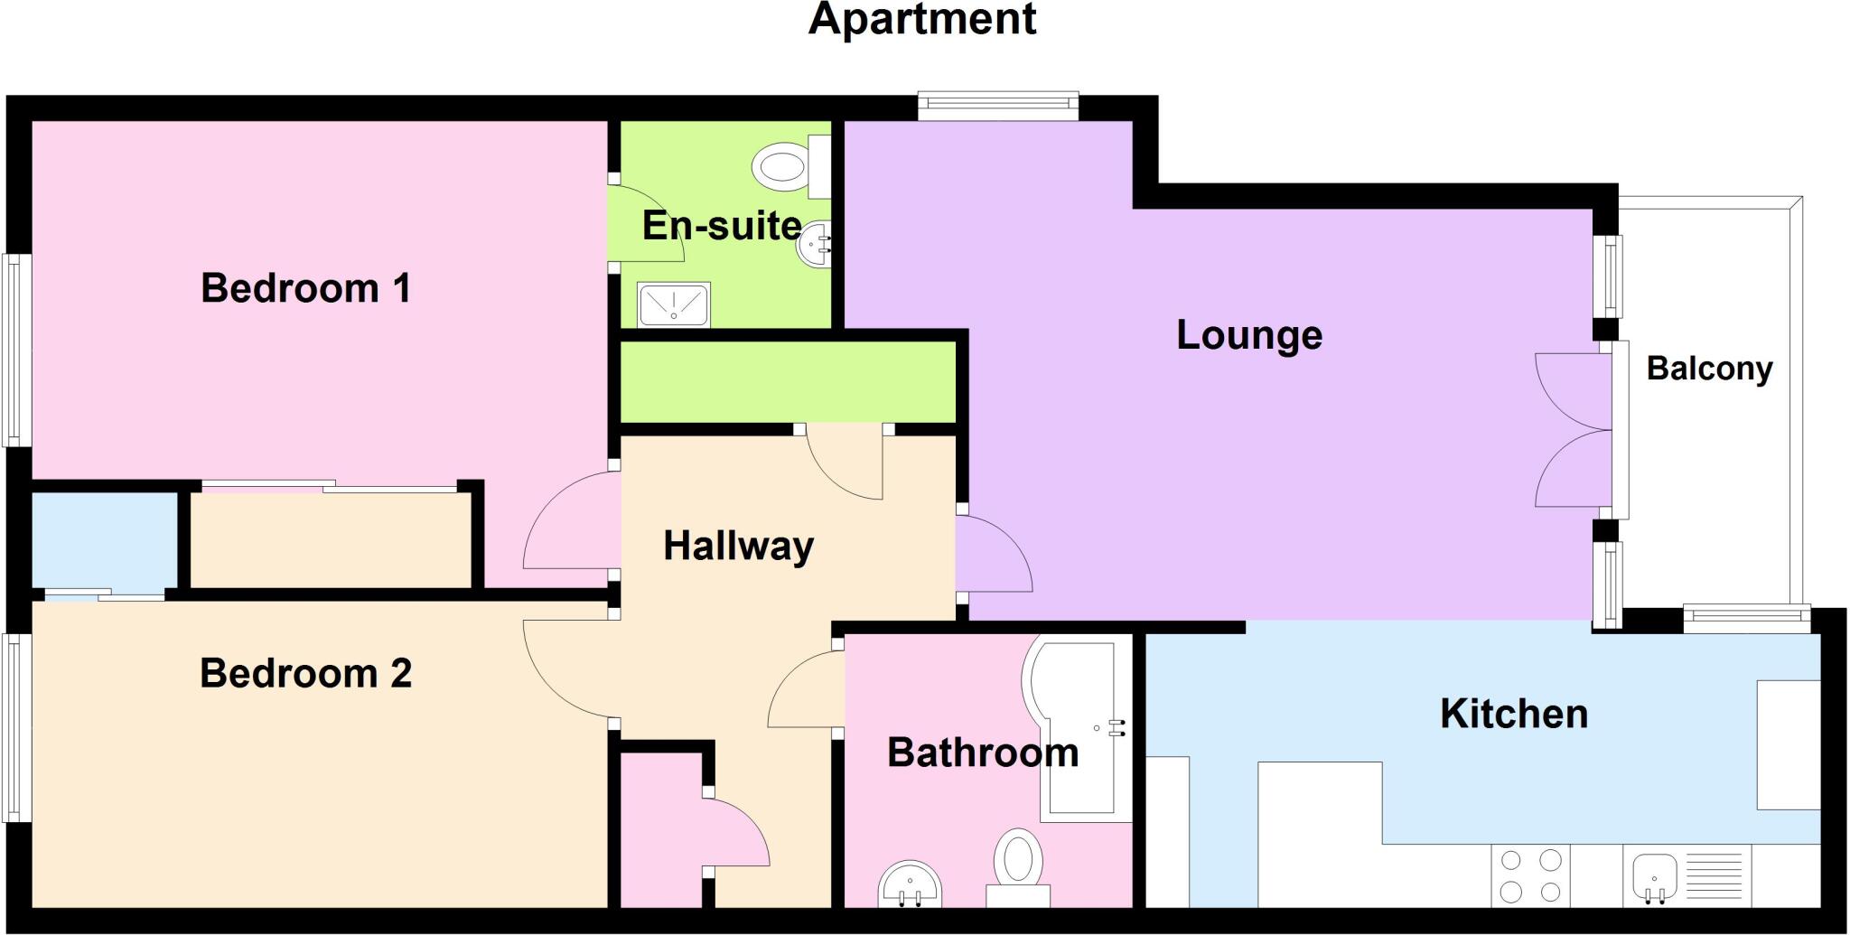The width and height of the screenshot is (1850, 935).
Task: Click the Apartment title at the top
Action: point(921,20)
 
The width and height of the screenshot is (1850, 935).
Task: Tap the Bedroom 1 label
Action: point(305,288)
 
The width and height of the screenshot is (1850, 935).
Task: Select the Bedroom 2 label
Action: point(305,674)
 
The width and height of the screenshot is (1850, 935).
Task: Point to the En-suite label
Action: point(721,226)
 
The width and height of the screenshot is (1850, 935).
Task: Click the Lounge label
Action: point(1249,335)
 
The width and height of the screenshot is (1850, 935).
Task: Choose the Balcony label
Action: point(1709,369)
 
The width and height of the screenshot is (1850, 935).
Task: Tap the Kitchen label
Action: point(1514,715)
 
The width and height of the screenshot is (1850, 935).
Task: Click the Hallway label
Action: point(739,547)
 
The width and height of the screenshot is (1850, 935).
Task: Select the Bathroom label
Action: point(983,753)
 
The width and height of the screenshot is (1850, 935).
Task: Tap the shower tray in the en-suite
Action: point(675,304)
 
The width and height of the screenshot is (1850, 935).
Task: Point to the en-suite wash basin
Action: point(814,244)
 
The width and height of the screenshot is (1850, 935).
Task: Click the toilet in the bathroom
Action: point(1018,858)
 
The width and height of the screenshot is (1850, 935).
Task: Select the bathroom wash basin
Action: point(911,884)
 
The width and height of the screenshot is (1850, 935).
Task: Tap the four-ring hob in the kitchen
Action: point(1530,875)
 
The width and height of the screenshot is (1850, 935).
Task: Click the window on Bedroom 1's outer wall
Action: point(14,351)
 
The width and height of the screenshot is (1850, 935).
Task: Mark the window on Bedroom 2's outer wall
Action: point(14,728)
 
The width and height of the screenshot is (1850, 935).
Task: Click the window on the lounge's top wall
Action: point(998,106)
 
